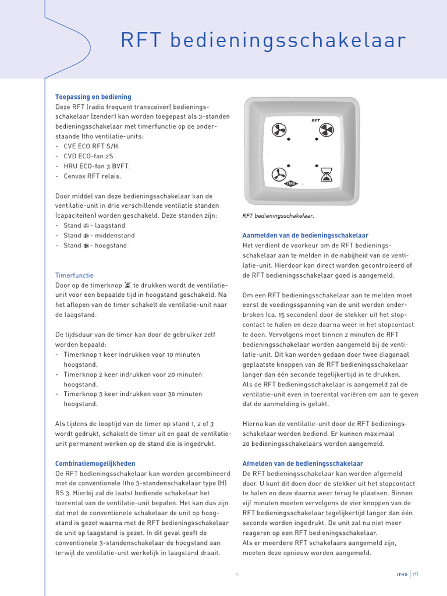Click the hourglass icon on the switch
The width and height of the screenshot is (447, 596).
click(327, 174)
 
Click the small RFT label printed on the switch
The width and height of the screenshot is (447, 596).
click(315, 120)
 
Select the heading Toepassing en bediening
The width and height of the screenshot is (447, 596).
click(93, 97)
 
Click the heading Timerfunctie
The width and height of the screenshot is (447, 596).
click(74, 275)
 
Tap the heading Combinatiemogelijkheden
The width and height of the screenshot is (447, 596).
click(95, 464)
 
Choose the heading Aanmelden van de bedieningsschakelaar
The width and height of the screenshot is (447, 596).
click(305, 236)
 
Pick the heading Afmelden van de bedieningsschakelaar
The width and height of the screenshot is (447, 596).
click(302, 464)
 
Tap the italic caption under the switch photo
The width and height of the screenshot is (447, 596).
click(278, 215)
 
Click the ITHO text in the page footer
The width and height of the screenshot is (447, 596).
click(402, 574)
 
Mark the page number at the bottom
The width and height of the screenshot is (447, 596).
click(237, 574)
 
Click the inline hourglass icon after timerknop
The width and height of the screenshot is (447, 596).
click(127, 285)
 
